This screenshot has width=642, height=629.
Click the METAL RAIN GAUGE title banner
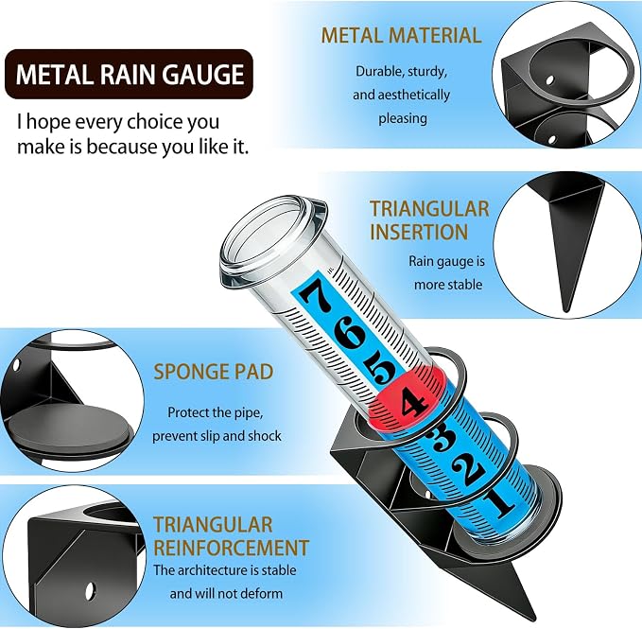coord(129,74)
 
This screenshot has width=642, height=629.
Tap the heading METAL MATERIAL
coord(401,35)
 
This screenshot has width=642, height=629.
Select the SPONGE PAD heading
coord(214,372)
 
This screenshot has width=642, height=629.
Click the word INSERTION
coord(419,232)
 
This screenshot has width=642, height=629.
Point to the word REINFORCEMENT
coord(231,548)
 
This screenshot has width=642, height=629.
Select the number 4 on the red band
coord(413,402)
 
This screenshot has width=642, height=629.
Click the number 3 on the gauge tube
coord(439,439)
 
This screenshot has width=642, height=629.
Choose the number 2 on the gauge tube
coord(468,467)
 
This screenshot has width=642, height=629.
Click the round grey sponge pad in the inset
coord(69,428)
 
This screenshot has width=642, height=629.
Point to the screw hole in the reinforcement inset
coord(90,590)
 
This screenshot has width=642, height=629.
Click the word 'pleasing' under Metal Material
coord(403,119)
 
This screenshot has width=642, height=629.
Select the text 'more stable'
coord(448,284)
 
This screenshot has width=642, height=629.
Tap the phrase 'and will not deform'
coord(226,593)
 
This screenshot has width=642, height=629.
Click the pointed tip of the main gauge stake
coord(534,620)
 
